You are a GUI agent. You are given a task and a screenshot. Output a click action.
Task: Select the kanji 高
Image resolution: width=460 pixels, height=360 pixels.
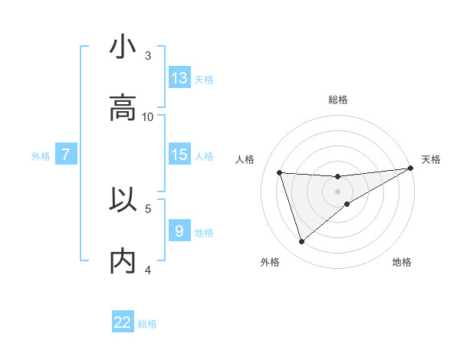point(123,109)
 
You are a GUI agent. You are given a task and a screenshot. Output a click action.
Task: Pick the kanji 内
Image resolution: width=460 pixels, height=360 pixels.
point(123,262)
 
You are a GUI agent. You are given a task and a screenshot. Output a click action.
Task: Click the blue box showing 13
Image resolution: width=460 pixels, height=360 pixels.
point(179,78)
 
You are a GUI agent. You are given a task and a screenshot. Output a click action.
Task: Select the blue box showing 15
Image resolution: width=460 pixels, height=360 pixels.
point(179,155)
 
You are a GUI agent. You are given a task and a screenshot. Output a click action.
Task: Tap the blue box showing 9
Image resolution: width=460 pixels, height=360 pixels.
point(179,231)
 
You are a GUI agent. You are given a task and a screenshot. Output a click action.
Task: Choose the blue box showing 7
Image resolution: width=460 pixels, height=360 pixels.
point(66,155)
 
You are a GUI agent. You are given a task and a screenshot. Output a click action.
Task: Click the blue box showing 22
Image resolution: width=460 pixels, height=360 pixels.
point(123,322)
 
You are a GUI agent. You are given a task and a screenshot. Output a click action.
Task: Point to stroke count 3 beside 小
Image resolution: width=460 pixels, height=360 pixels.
point(148,55)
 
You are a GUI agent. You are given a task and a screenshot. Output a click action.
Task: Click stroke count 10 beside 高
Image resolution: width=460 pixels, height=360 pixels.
point(148,116)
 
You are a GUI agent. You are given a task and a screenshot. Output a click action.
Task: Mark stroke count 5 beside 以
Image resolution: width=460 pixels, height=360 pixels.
point(148,208)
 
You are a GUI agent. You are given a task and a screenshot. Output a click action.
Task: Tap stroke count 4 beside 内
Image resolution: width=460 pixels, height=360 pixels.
point(148,270)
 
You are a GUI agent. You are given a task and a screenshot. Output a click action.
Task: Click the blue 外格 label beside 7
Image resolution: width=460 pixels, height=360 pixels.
point(41,155)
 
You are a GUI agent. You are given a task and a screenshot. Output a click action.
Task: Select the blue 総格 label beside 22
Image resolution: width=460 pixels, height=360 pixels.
point(147,324)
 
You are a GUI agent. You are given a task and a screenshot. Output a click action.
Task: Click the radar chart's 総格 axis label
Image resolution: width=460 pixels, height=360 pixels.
point(338,100)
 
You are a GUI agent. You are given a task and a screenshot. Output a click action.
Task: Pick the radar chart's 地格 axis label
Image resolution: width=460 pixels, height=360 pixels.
point(402,262)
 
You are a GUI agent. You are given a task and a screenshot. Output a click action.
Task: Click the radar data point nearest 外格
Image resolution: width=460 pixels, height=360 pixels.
point(301,242)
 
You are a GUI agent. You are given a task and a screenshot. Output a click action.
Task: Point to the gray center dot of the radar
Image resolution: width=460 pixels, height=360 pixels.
point(338,191)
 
